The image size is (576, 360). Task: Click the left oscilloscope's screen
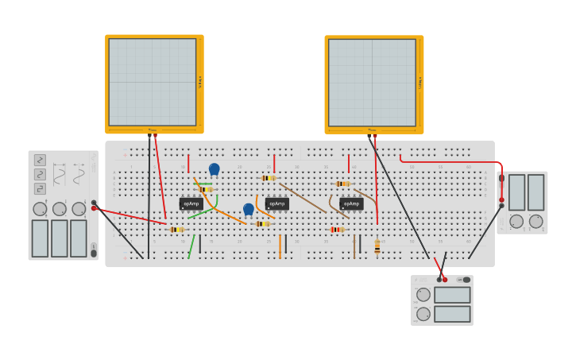(x=152, y=82)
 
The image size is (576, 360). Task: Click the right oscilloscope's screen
(x=372, y=83)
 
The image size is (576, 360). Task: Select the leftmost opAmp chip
(x=191, y=203)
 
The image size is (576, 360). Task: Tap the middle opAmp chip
(x=276, y=203)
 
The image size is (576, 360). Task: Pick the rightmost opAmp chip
(x=351, y=203)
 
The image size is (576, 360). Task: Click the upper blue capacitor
(x=214, y=168)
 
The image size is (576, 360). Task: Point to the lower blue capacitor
(x=249, y=209)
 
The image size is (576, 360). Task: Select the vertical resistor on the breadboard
(x=377, y=247)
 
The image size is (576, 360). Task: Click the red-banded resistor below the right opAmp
(x=337, y=230)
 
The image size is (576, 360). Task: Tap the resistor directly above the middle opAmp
(x=269, y=178)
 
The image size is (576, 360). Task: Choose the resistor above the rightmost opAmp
(x=342, y=184)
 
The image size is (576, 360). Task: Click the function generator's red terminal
(x=94, y=208)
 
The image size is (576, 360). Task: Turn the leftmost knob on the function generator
(x=40, y=209)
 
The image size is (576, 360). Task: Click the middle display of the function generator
(x=60, y=238)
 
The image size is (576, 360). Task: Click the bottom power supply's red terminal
(x=445, y=280)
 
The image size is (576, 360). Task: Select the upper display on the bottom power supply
(x=452, y=295)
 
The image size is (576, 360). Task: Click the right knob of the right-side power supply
(x=536, y=221)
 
